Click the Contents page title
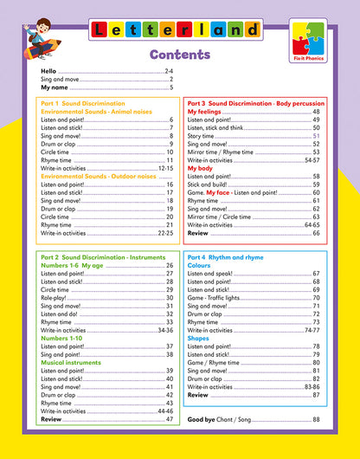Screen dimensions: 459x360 pyautogui.click(x=179, y=55)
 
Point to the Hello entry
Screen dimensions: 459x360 pyautogui.click(x=48, y=71)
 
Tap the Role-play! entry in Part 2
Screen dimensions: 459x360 pyautogui.click(x=58, y=297)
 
